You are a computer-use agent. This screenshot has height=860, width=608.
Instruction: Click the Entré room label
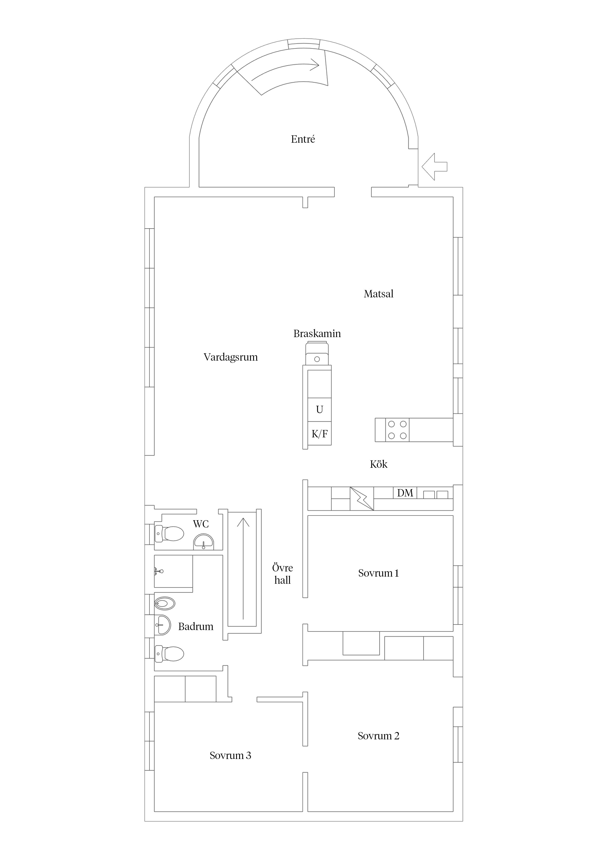303,139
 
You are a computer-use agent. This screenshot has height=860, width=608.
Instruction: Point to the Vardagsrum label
231,357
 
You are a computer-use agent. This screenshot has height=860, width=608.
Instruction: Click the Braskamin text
317,334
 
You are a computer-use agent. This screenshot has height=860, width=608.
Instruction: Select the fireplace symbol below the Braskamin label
317,354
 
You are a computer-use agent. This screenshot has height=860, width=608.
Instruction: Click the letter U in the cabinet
319,410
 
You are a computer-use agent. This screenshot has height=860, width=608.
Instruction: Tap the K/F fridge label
319,434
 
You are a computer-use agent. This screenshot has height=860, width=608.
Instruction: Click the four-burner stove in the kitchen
397,430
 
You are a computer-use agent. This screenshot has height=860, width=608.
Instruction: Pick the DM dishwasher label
405,493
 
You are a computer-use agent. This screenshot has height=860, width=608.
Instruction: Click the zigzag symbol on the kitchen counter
362,499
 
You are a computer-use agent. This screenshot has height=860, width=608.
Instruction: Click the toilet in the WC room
169,534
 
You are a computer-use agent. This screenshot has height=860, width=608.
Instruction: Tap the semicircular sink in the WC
203,542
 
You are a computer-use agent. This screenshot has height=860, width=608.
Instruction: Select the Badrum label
196,627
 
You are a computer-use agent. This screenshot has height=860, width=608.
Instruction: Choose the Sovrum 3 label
230,756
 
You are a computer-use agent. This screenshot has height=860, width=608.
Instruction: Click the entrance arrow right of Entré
435,167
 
